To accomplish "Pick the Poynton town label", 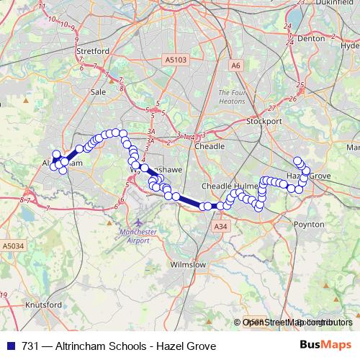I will (x=310, y=224).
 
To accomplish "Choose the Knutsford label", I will (x=42, y=305).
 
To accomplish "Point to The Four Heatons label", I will (x=233, y=96).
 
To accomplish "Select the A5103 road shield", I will (x=174, y=60).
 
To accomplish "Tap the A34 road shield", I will (x=220, y=226).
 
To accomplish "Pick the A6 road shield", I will (x=235, y=66).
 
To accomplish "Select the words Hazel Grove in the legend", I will (x=190, y=346).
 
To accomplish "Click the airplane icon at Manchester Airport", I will (x=139, y=222).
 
